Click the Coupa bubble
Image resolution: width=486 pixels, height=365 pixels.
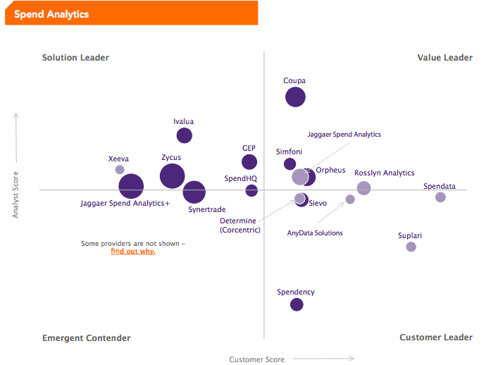click(x=295, y=97)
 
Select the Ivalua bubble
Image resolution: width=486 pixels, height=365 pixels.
click(x=185, y=135)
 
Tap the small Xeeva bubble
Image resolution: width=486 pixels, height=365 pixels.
click(x=120, y=170)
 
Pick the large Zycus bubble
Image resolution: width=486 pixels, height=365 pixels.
click(x=172, y=176)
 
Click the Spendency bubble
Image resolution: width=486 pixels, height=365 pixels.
click(x=297, y=304)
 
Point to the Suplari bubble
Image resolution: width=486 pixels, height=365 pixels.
click(x=411, y=247)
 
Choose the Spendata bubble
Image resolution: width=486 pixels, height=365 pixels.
click(x=440, y=197)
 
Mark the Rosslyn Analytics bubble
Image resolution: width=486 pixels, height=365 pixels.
click(x=363, y=188)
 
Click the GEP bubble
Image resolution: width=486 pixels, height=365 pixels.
click(x=249, y=162)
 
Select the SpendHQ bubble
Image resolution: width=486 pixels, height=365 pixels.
click(x=251, y=191)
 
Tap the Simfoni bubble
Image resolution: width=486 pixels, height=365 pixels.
click(x=289, y=164)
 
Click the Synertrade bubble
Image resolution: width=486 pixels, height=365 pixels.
click(x=194, y=191)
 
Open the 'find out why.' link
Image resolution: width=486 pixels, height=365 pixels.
click(x=133, y=252)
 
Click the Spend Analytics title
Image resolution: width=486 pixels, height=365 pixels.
click(x=51, y=14)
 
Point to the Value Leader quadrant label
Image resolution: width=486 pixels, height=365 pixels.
click(x=444, y=58)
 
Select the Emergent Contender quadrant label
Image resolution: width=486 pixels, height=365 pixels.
click(x=87, y=338)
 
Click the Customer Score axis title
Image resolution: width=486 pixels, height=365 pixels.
click(x=257, y=359)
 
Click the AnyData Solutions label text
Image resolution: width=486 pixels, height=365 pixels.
click(x=315, y=233)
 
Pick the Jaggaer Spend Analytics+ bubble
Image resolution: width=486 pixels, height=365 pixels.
click(x=131, y=187)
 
